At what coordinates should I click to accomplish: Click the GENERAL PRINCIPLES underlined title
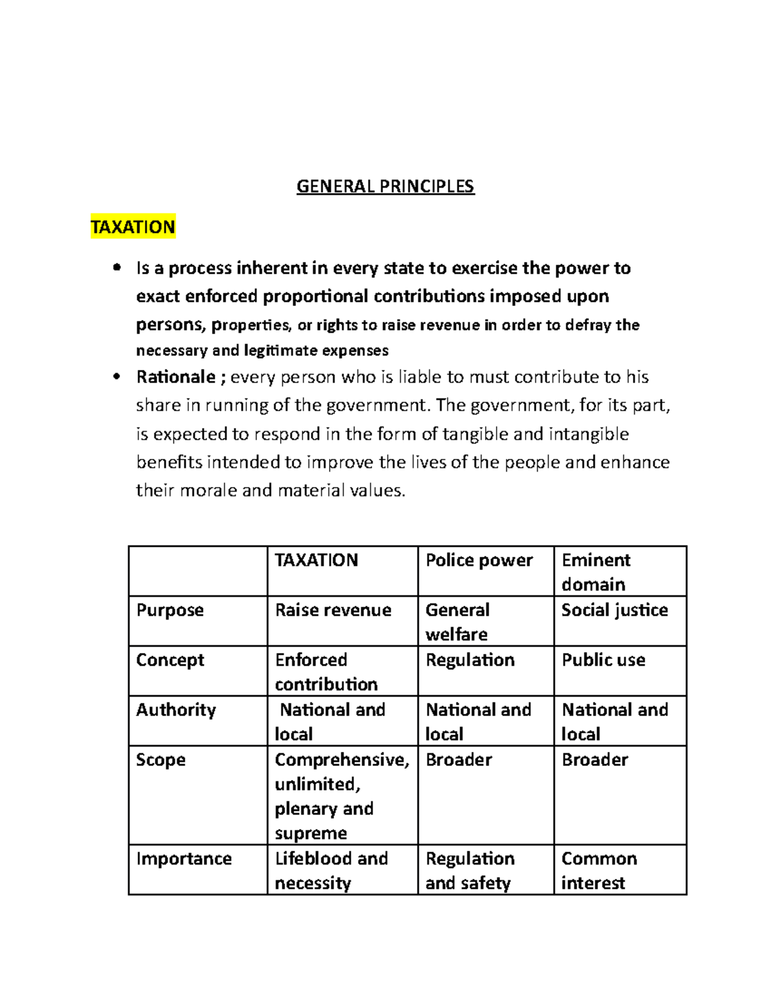tap(385, 186)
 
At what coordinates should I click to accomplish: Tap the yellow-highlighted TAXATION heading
tap(133, 227)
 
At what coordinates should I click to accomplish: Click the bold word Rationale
tap(176, 377)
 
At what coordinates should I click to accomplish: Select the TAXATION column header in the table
tap(316, 560)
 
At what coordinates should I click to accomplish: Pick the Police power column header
tap(479, 560)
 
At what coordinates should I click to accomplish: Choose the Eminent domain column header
tap(596, 571)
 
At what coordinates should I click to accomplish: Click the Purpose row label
tap(170, 610)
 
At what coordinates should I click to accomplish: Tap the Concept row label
tap(170, 660)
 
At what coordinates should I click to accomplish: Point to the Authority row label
tap(175, 709)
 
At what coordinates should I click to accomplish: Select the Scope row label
tap(161, 760)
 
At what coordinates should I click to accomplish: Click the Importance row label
tap(184, 859)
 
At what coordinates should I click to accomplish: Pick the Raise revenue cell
tap(333, 610)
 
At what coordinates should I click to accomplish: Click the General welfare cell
tap(457, 621)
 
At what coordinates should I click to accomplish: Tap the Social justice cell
tap(614, 610)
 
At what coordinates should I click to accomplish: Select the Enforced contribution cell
tap(326, 672)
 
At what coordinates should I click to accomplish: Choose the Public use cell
tap(603, 660)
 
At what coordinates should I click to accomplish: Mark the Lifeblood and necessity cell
tap(331, 870)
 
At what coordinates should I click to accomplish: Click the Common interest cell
tap(599, 870)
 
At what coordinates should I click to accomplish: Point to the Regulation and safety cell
tap(470, 870)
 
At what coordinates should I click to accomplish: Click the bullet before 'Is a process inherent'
tap(116, 268)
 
